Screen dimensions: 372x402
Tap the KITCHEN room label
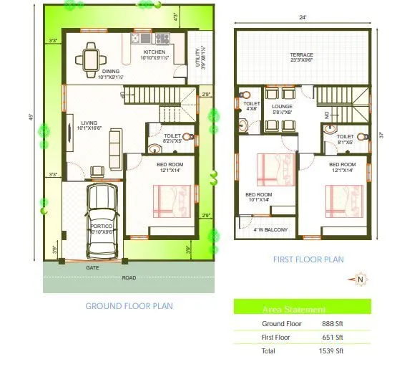154,52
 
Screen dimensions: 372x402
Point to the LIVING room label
89,123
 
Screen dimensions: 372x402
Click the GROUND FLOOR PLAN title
129,306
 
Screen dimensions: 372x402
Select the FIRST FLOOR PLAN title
309,259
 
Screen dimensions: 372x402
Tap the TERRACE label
302,55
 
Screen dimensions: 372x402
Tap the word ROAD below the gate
129,277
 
